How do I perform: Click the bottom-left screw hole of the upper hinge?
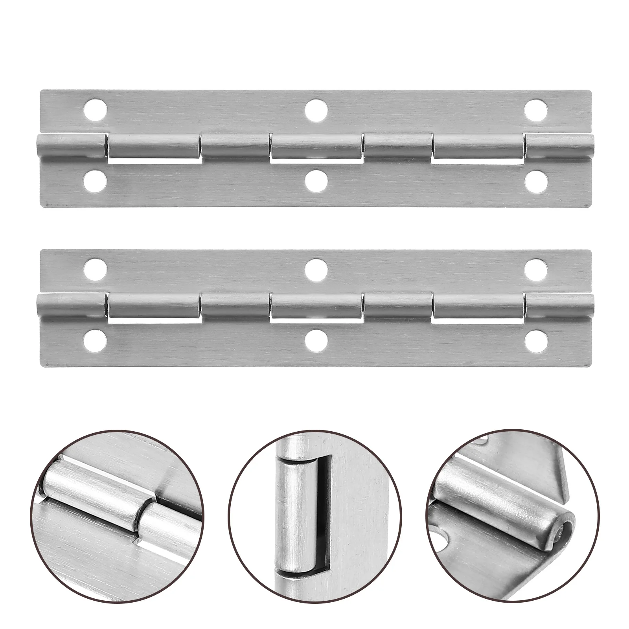(x=96, y=181)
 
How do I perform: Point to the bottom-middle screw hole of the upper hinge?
(x=316, y=181)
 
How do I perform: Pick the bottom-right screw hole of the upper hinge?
(x=536, y=181)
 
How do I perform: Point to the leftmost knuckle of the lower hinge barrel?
(x=71, y=306)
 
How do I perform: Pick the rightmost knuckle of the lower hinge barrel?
(x=559, y=306)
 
